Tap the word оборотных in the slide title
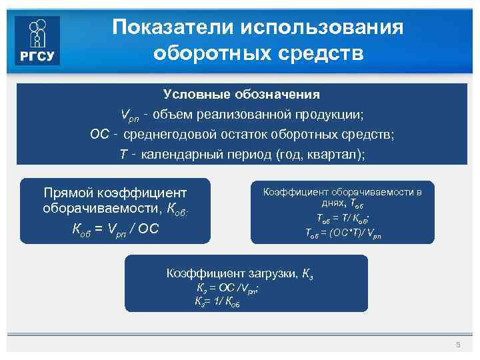point(202,53)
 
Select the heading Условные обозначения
point(241,95)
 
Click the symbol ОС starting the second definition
point(99,135)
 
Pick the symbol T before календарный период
point(123,155)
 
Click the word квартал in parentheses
point(337,155)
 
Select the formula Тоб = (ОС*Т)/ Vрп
point(343,233)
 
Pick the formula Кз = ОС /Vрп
point(227,289)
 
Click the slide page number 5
point(457,345)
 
